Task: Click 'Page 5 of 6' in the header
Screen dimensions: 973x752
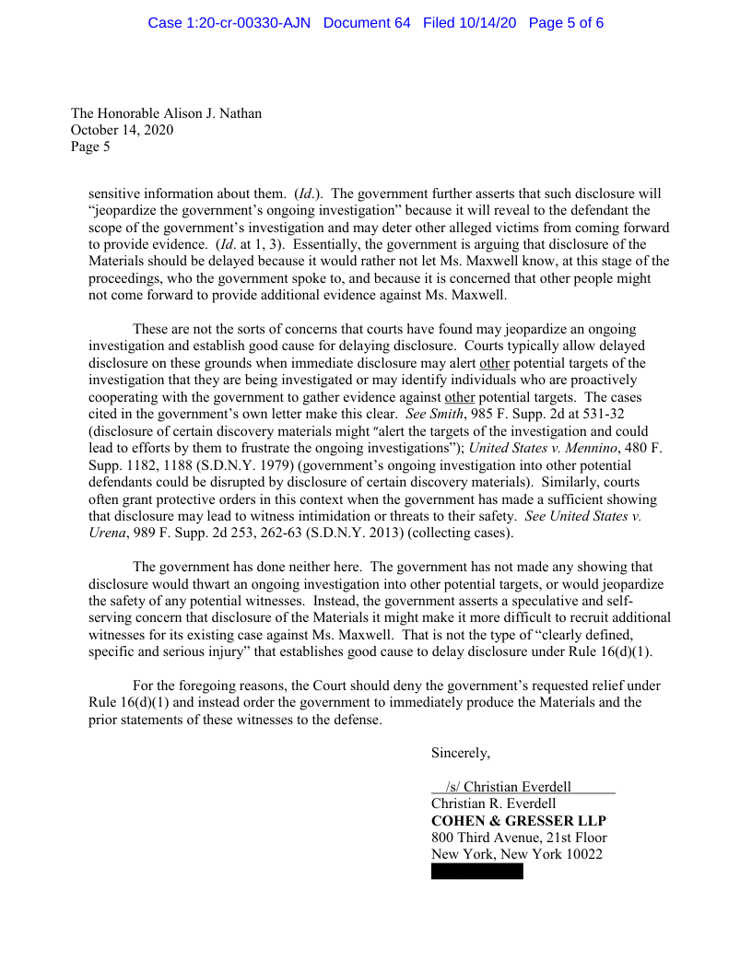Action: coord(566,22)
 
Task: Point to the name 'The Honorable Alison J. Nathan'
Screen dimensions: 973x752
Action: coord(166,113)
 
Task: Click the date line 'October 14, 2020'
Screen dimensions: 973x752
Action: coord(122,130)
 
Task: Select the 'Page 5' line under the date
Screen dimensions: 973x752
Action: coord(90,147)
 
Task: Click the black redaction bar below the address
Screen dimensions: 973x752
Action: coord(476,872)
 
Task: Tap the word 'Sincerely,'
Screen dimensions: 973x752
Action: coord(461,753)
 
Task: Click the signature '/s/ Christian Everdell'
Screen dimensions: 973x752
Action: coord(508,787)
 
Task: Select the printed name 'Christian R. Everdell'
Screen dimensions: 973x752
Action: coord(494,803)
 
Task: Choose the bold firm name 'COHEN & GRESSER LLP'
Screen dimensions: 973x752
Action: coord(519,820)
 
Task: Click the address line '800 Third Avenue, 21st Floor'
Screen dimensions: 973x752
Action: coord(519,838)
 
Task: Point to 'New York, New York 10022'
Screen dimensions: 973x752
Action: coord(516,854)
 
